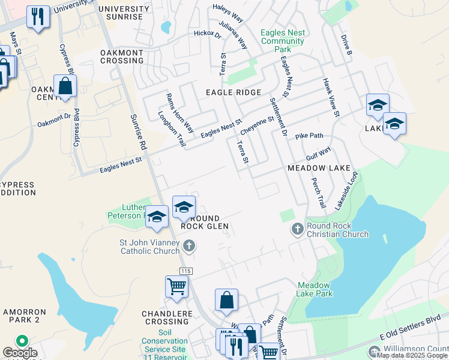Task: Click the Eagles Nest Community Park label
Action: pyautogui.click(x=283, y=41)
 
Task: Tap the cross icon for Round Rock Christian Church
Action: pyautogui.click(x=297, y=229)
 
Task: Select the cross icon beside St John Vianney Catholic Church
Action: pyautogui.click(x=189, y=245)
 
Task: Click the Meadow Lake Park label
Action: pyautogui.click(x=315, y=289)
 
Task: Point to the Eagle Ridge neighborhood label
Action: pyautogui.click(x=234, y=92)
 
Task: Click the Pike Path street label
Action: pyautogui.click(x=309, y=136)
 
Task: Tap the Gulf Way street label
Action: pyautogui.click(x=318, y=155)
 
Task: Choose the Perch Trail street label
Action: pyautogui.click(x=318, y=193)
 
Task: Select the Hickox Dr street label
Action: pyautogui.click(x=208, y=34)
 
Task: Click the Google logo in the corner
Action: pyautogui.click(x=20, y=353)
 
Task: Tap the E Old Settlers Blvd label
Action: pyautogui.click(x=414, y=331)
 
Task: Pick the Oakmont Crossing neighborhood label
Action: pyautogui.click(x=122, y=56)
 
